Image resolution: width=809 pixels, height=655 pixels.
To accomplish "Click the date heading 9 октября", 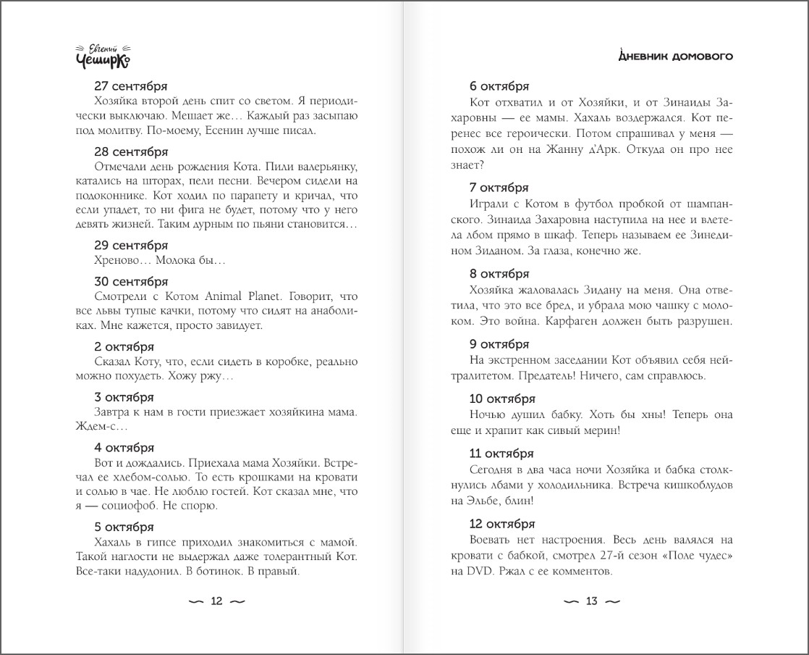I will point(499,343).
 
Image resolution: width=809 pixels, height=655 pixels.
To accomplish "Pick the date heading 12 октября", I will point(502,523).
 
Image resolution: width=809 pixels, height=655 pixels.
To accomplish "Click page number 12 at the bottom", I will point(216,601).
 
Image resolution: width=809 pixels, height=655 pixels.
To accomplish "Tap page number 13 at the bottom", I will point(591,601).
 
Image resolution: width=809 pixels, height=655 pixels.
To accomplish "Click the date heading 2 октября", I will point(124,346).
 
